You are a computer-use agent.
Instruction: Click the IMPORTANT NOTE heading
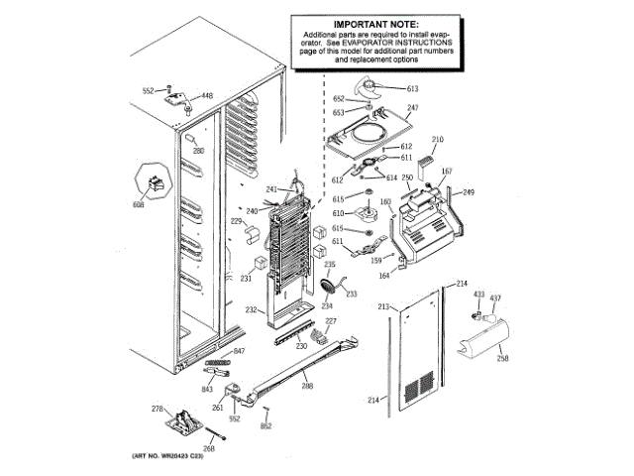click(x=374, y=23)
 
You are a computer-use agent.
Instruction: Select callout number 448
click(x=206, y=96)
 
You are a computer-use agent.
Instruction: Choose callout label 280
click(x=198, y=151)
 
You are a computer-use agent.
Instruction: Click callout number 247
click(x=413, y=107)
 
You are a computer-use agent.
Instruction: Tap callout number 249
click(x=469, y=191)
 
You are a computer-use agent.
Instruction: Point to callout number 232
click(x=251, y=310)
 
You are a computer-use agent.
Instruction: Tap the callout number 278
click(x=156, y=409)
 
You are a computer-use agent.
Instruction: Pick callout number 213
click(x=382, y=308)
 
